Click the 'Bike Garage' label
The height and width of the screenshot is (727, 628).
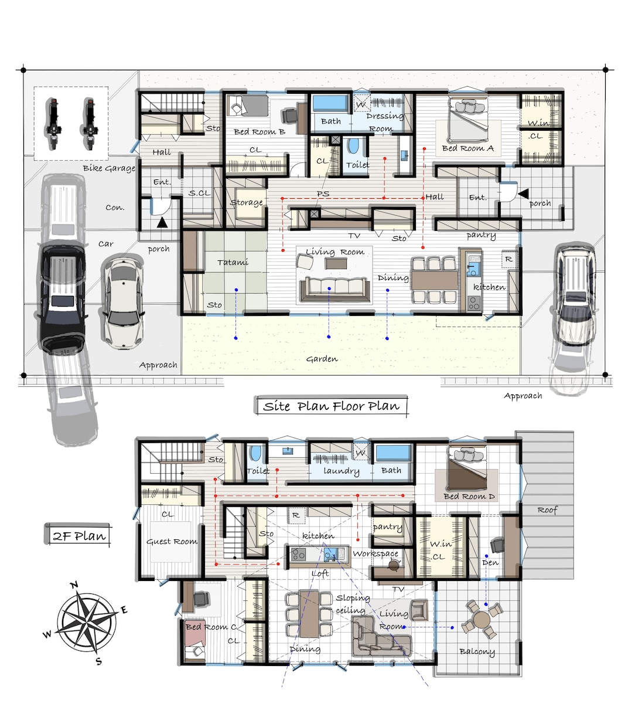(x=109, y=168)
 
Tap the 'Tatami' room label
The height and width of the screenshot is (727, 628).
(x=233, y=262)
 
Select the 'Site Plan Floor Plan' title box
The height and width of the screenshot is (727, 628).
(x=330, y=406)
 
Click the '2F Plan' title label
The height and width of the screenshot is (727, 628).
(x=78, y=536)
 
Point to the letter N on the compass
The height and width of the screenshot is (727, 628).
(x=74, y=585)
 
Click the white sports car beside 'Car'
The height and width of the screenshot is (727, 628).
(x=124, y=304)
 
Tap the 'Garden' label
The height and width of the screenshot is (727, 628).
(x=322, y=359)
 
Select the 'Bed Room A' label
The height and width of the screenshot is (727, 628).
(x=467, y=148)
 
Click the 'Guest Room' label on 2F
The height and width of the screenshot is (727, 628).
(x=172, y=541)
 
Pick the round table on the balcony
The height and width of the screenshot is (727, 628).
(x=482, y=619)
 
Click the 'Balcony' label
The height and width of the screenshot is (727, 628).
(x=477, y=651)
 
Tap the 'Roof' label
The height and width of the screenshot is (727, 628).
(x=547, y=509)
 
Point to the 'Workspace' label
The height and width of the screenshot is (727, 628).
(x=376, y=553)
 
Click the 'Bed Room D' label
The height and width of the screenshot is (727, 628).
(x=469, y=496)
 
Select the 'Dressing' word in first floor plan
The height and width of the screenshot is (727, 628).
(x=385, y=116)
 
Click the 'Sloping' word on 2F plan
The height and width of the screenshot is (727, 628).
(x=353, y=597)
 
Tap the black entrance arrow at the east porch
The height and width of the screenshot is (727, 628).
(x=523, y=193)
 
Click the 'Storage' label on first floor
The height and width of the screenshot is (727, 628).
(x=247, y=202)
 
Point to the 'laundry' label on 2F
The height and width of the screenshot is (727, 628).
(x=341, y=471)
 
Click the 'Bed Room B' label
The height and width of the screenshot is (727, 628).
(x=260, y=131)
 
